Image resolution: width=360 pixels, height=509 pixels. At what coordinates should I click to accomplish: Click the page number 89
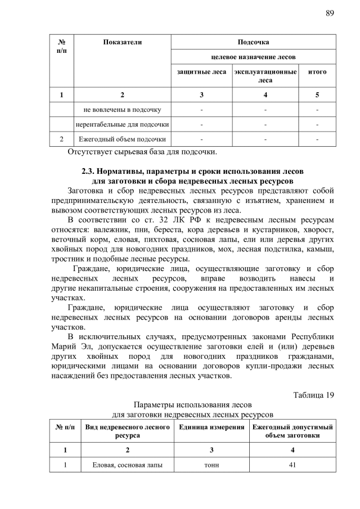(330, 13)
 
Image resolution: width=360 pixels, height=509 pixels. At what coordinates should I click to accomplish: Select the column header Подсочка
(253, 42)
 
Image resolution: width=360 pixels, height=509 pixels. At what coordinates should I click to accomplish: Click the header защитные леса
(201, 72)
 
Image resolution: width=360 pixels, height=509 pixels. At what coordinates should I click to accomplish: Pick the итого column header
(317, 72)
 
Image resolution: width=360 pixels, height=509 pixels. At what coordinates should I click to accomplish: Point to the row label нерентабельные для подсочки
(123, 124)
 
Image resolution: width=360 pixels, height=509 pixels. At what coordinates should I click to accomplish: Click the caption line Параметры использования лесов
(188, 405)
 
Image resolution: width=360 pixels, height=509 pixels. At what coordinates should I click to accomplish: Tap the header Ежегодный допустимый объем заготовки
(292, 431)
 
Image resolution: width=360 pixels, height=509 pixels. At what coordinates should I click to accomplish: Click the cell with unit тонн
(211, 465)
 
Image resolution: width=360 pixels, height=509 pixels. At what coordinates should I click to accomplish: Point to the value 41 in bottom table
(292, 465)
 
